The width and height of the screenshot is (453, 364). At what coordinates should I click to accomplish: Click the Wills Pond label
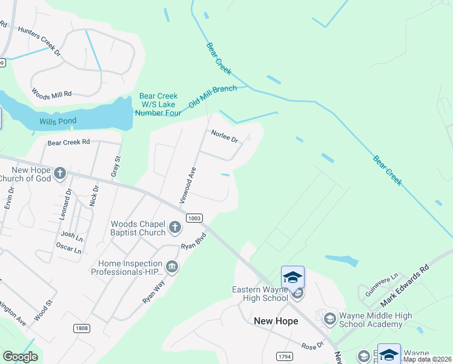coord(58,121)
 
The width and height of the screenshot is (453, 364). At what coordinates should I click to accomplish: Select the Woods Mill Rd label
coord(51,94)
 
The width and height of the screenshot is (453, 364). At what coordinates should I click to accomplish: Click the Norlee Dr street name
coord(225,136)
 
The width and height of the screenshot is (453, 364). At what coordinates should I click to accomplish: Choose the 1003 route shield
coord(194,218)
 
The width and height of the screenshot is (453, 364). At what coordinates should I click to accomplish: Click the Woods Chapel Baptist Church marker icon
coord(174,228)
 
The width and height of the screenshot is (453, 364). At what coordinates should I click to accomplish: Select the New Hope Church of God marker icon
coord(59,174)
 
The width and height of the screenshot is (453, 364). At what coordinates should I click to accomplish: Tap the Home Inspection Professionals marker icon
coord(172,267)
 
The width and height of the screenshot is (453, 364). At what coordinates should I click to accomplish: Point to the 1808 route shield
coord(82,328)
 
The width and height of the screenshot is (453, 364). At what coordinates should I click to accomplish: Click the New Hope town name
coord(276,321)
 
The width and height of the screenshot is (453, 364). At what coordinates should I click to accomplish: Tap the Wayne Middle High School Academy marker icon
coord(330,318)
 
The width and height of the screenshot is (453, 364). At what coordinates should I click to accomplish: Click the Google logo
coord(20,357)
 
